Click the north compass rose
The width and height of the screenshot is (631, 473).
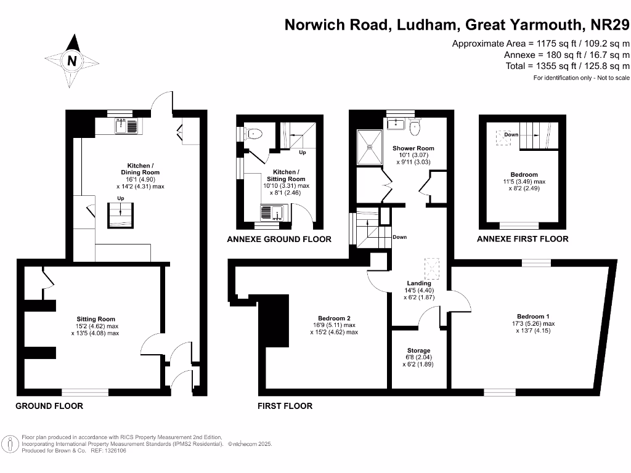tap(73, 60)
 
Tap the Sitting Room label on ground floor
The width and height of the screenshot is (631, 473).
tap(96, 319)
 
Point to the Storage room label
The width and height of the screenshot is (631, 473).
tap(418, 350)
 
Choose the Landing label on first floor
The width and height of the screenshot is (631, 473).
tap(419, 283)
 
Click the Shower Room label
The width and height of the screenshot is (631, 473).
tap(413, 148)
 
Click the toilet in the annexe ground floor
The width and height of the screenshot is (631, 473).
tap(255, 134)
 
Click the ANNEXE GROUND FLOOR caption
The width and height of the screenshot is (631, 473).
tap(279, 239)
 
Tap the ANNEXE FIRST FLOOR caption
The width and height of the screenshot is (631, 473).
tap(523, 239)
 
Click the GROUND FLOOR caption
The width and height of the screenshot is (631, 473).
tap(49, 406)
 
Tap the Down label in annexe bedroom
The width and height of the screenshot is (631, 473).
tap(511, 134)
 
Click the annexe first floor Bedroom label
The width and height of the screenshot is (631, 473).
tap(524, 175)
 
